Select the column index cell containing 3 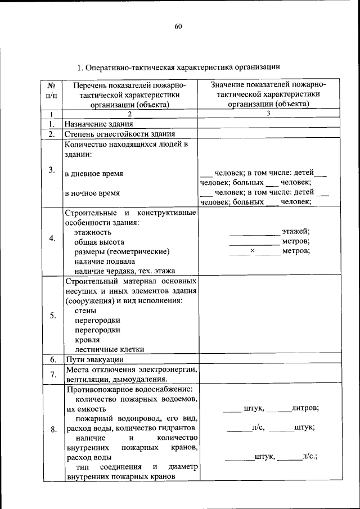point(268,114)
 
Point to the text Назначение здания point(98,124)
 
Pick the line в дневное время point(94,173)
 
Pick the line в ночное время point(92,193)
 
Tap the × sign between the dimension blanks point(253,251)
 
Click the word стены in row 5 point(85,310)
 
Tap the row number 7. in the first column point(51,374)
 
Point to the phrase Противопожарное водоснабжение point(129,389)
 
